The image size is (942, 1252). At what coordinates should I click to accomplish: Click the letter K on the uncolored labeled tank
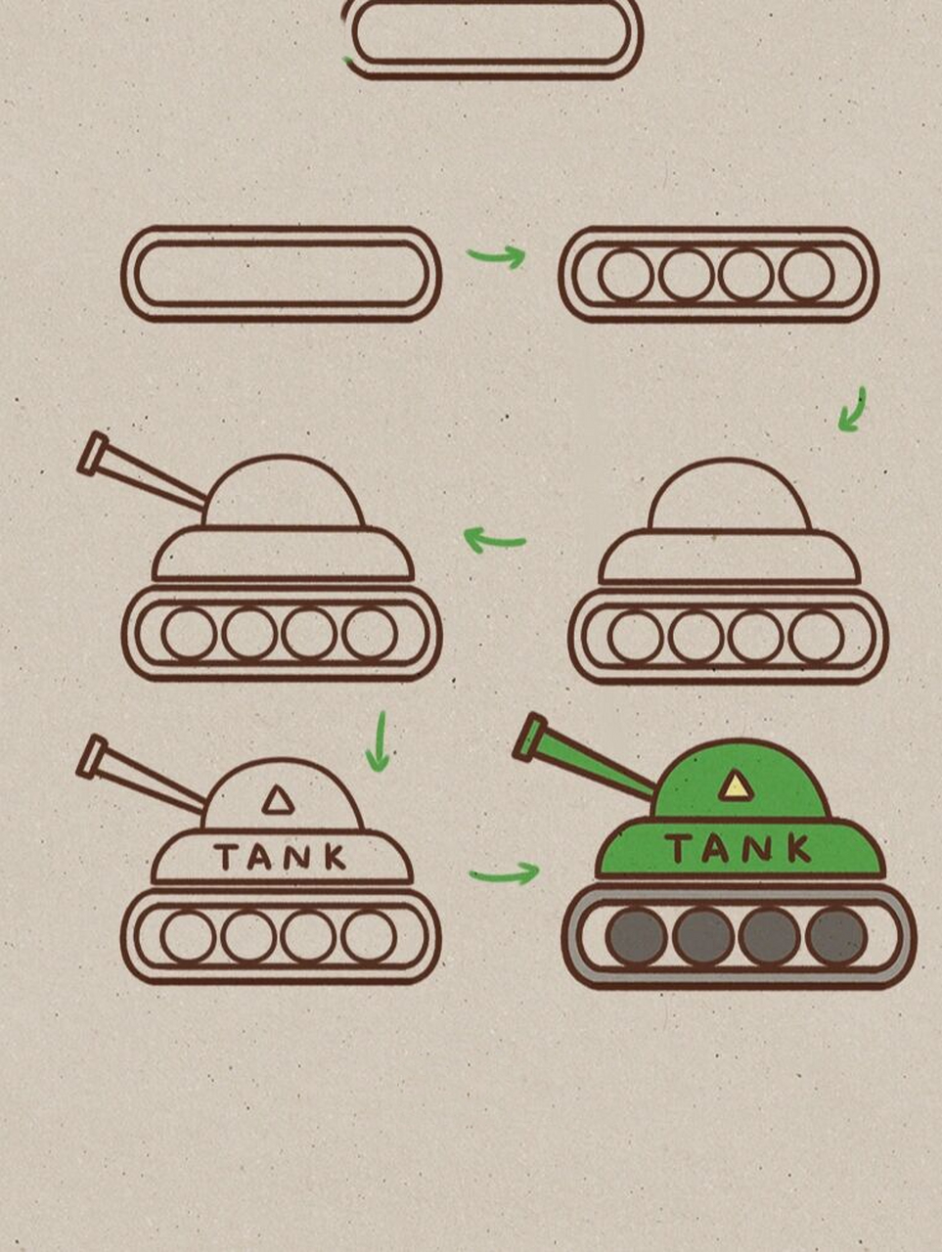pos(336,857)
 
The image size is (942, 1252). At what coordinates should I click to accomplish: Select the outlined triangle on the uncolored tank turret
pos(278,800)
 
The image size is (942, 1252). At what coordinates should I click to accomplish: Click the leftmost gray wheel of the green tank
pos(637,936)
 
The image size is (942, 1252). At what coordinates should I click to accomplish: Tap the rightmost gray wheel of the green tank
pos(836,936)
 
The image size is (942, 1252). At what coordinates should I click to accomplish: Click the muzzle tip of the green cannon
pos(530,737)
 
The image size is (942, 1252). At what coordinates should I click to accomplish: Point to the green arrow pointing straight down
pos(378,741)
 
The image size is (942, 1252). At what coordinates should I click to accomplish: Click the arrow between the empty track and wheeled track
pos(497,257)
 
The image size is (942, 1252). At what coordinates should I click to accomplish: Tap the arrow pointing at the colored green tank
pos(505,874)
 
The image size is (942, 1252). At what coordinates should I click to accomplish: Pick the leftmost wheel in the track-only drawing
pos(625,274)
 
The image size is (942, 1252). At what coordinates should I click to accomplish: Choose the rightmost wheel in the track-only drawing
pos(806,274)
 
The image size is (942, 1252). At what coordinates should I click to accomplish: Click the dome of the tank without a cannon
pos(730,494)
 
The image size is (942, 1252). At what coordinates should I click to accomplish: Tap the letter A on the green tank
pos(716,849)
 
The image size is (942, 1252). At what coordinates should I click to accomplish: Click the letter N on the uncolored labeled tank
pos(298,857)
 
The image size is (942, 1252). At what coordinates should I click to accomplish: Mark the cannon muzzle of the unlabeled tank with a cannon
pos(92,454)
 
